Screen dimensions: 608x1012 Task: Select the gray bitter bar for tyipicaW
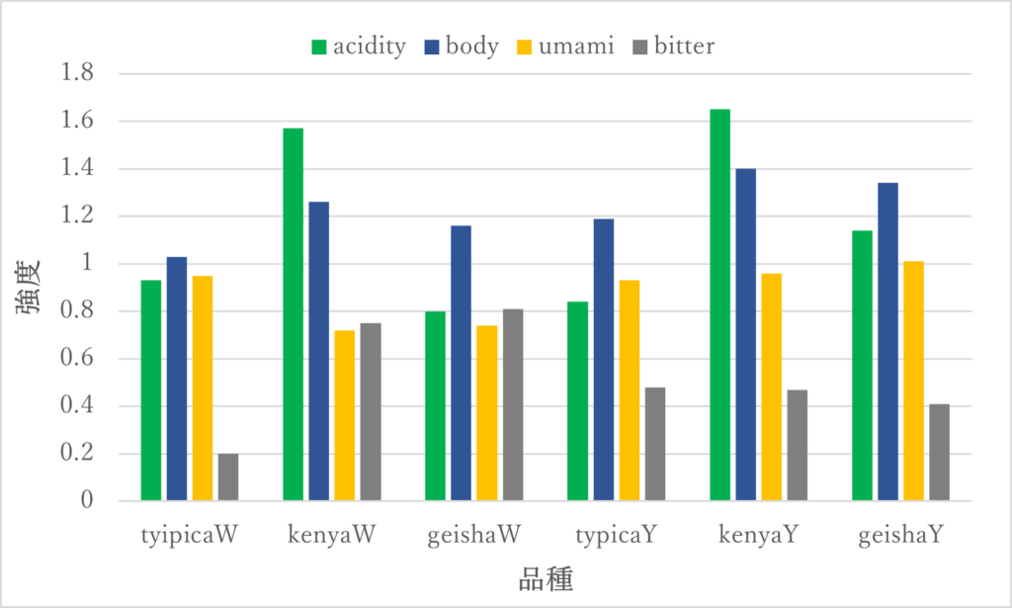(228, 478)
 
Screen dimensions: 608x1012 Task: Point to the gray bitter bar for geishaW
(513, 404)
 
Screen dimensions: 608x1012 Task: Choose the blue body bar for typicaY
(604, 360)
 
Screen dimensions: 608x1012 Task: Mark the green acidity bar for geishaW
(436, 406)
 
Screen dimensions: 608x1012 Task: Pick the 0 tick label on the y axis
(87, 501)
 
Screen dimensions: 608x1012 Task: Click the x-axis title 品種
(546, 578)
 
